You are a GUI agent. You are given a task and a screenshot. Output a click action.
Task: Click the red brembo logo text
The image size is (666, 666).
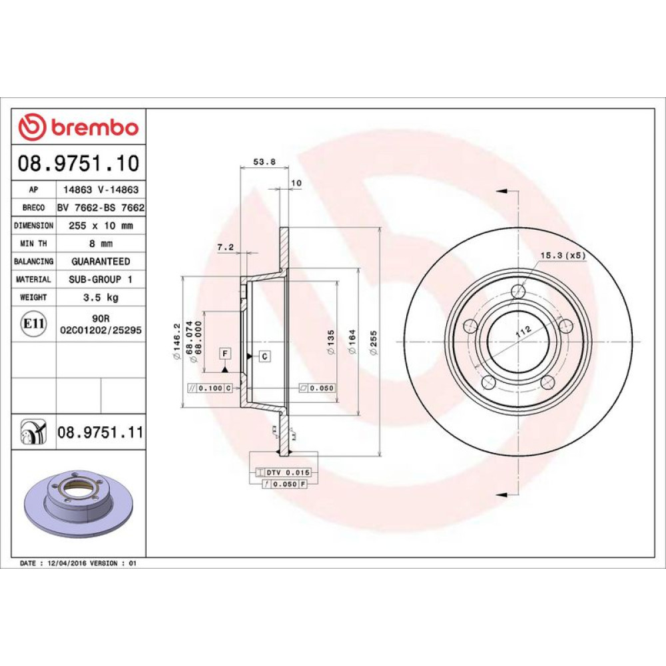coord(95,127)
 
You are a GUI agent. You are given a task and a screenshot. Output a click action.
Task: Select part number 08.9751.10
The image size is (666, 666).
coord(79,164)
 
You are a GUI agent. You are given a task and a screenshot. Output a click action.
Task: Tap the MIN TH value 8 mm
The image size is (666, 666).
coord(101,243)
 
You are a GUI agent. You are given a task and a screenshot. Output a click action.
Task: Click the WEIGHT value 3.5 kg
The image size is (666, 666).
coord(101,297)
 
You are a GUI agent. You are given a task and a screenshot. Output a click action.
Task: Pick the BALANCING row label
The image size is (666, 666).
coord(33,261)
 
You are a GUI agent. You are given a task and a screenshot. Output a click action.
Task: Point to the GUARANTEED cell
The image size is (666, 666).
coord(101,261)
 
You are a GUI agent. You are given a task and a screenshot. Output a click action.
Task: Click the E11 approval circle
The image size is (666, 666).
coord(33,324)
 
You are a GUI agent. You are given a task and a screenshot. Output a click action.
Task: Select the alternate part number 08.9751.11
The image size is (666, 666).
coord(101,432)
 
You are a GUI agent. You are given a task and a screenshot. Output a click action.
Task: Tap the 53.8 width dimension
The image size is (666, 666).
coord(264,161)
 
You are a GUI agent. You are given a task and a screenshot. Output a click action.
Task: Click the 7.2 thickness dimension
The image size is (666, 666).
coord(225,247)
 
